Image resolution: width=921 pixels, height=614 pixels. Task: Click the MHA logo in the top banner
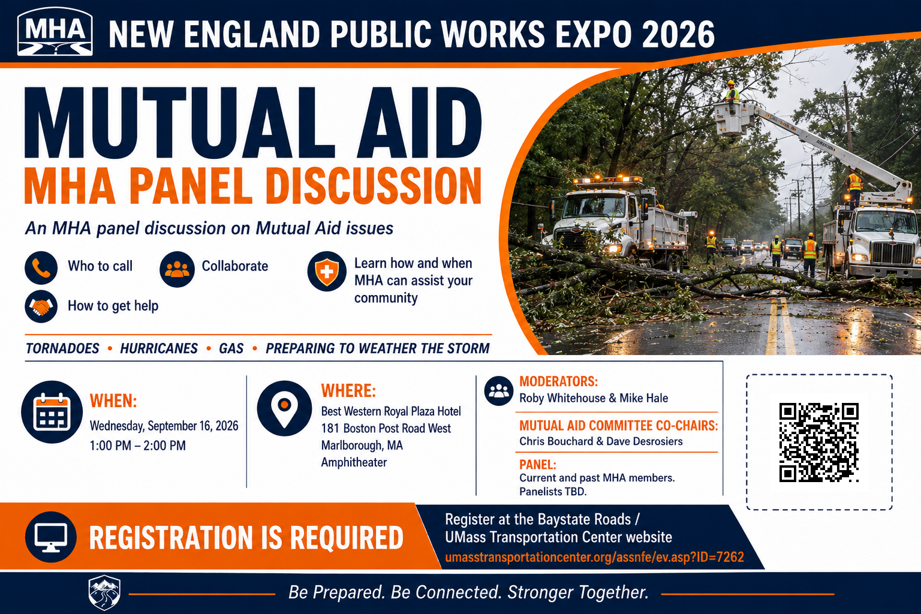coord(55,32)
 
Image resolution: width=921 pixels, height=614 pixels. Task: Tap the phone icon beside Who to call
coord(41,267)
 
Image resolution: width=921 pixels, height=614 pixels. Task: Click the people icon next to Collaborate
coord(177,269)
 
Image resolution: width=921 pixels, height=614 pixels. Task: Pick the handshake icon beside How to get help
coord(41,306)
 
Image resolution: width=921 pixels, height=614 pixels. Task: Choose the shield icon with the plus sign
coord(327,272)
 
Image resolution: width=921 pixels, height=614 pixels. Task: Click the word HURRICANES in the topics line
coord(159,349)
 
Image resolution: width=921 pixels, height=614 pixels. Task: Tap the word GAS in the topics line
coord(231,349)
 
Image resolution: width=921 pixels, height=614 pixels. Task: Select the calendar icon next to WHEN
coord(52,412)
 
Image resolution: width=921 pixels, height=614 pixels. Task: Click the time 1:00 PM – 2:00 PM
coord(138,446)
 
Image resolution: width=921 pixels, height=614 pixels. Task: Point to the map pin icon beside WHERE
coord(285,408)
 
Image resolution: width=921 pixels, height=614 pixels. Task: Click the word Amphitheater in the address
coord(354,462)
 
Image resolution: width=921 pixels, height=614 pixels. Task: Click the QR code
coord(819,442)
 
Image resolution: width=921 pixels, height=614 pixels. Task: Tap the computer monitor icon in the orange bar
coord(50,537)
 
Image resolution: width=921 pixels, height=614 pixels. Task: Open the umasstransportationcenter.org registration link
coord(595,557)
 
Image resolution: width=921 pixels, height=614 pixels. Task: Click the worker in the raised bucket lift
coord(732,92)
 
